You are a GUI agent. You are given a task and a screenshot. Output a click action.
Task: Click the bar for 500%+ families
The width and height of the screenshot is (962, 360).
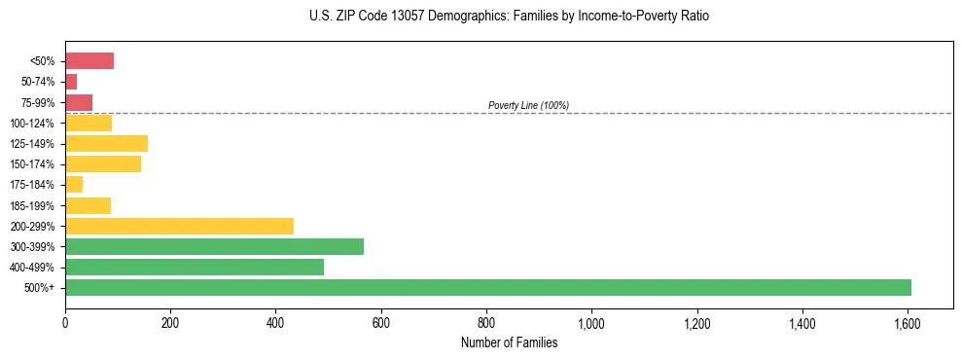pos(487,287)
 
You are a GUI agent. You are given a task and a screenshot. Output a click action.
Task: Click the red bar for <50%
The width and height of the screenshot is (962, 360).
pos(89,61)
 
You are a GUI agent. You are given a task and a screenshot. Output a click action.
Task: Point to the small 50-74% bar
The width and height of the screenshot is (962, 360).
pos(71,82)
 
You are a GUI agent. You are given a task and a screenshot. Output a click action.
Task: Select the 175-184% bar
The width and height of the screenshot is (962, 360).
pos(74,185)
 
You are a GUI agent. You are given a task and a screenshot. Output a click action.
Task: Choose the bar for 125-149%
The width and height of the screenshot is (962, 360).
pos(106,144)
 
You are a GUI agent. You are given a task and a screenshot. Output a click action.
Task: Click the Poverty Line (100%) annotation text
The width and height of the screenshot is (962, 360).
pos(528,105)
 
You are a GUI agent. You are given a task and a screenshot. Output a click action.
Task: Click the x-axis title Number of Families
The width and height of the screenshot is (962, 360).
pos(509,342)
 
